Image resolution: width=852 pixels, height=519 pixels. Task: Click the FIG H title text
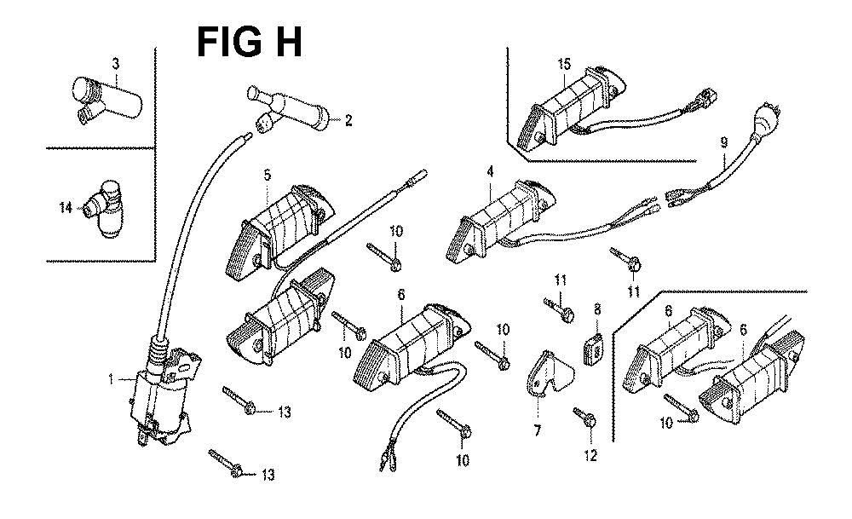tap(249, 41)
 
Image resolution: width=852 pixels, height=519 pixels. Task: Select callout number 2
tap(348, 120)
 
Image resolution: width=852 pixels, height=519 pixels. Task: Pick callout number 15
tap(563, 64)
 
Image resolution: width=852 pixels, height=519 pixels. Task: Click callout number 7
tap(538, 431)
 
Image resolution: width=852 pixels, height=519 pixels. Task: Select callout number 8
tap(597, 308)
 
